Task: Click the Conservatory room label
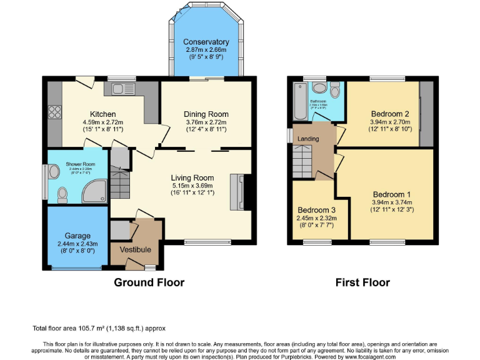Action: pos(206,42)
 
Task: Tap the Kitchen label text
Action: pos(99,114)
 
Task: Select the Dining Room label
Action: pos(206,114)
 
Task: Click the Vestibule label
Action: pos(136,249)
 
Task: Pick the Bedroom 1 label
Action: pos(392,194)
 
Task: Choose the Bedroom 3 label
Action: pos(316,209)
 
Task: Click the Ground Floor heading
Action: pos(149,282)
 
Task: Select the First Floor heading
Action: pos(362,282)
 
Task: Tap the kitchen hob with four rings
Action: pos(54,112)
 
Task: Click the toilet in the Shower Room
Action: pos(62,196)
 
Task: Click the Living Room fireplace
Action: pos(238,192)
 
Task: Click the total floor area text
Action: pos(99,328)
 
